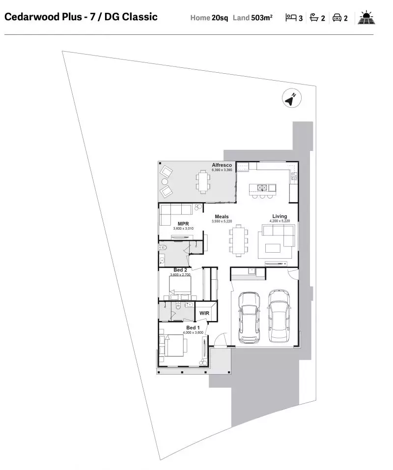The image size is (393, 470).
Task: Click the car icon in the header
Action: tap(337, 18)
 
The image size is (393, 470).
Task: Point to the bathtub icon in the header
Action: tap(314, 18)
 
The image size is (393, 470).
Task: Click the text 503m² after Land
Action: tap(262, 18)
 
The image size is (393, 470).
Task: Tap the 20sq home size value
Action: tap(220, 18)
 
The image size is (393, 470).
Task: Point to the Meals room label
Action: tap(222, 217)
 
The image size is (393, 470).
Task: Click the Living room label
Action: tap(280, 216)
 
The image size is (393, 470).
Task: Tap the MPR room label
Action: tap(184, 224)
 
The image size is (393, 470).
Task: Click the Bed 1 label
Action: tap(193, 327)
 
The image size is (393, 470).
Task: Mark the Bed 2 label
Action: tap(180, 270)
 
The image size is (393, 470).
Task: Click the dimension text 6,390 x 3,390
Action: tap(222, 170)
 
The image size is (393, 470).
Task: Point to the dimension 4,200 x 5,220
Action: tap(280, 221)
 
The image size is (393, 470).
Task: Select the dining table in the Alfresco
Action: tap(203, 182)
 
